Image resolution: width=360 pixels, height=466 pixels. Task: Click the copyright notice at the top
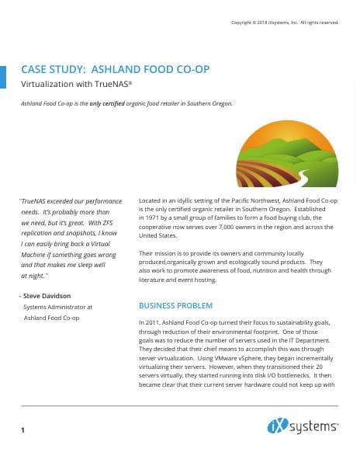(285, 23)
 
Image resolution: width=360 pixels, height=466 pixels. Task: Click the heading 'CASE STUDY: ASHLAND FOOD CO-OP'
(115, 69)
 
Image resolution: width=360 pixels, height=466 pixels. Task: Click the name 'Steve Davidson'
(50, 296)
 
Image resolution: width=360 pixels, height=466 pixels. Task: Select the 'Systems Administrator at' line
(58, 307)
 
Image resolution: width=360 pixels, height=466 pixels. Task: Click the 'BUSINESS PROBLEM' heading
(175, 305)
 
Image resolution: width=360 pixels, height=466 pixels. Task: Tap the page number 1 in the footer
(23, 429)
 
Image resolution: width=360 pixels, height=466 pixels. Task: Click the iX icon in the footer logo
(277, 426)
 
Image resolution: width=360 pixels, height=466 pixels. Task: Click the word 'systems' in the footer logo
(313, 426)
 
